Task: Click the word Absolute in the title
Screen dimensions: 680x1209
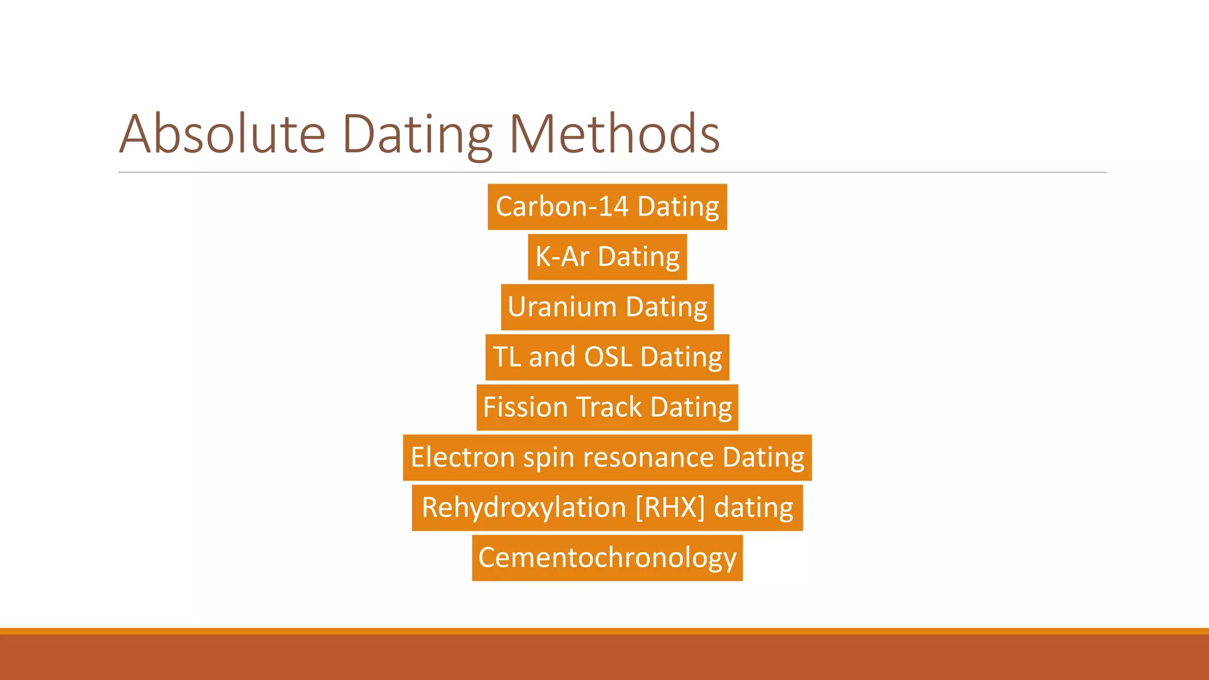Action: click(x=222, y=135)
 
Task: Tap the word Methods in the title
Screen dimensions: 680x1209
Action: click(x=614, y=135)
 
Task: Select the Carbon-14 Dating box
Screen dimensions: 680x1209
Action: click(x=607, y=207)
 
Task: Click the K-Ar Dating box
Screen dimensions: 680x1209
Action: click(x=607, y=257)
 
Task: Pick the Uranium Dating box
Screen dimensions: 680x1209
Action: click(x=607, y=307)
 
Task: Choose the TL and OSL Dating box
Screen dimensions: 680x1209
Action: click(x=607, y=357)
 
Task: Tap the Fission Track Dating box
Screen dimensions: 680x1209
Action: click(x=607, y=407)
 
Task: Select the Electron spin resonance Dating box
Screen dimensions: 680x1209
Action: click(x=607, y=457)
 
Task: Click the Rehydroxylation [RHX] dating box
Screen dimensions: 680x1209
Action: click(x=607, y=508)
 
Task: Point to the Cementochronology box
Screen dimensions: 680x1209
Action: click(x=607, y=558)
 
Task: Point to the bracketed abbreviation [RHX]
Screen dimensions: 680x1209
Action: click(x=670, y=508)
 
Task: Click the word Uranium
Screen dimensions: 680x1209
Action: click(x=562, y=307)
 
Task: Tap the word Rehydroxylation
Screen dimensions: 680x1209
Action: click(x=524, y=508)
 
